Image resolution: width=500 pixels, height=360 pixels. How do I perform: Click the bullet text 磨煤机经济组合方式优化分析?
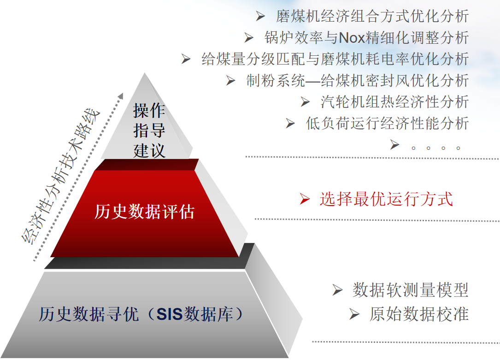pos(372,16)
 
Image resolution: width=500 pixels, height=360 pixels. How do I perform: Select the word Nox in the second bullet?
pos(352,38)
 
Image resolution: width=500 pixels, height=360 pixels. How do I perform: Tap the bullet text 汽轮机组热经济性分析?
pos(395,102)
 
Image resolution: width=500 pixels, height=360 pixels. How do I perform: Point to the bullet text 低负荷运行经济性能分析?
pos(387,123)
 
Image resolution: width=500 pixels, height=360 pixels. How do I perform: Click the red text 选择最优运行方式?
pos(386,199)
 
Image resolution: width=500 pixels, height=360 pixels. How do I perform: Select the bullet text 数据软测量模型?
pos(411,290)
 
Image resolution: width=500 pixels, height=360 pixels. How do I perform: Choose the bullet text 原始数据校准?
pos(419,314)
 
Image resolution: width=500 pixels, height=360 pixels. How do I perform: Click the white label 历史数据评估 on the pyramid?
pos(144,212)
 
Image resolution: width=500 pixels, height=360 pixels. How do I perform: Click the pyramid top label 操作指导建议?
pos(149,130)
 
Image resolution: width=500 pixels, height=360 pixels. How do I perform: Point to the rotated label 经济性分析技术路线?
pos(60,177)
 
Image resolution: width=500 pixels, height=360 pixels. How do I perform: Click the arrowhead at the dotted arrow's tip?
pos(121,96)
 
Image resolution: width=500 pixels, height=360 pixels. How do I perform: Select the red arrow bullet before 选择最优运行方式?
pos(305,199)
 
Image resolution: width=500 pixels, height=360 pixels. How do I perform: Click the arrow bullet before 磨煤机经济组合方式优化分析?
pos(260,16)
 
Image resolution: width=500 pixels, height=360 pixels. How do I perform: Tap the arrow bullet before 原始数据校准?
pos(354,314)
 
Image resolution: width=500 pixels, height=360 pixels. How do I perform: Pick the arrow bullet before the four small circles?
pos(394,144)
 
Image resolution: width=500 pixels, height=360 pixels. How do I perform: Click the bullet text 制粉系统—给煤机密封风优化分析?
pos(358,80)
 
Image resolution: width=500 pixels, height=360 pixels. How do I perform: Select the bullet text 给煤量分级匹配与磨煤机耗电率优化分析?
pos(335,59)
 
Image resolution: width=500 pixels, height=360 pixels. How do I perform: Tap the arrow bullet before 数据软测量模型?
pos(337,290)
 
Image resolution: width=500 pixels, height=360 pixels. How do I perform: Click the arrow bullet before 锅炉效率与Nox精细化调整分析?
pos(249,38)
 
